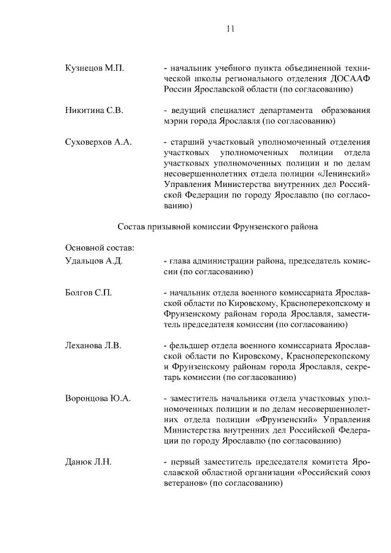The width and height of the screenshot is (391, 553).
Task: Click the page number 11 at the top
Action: (x=230, y=28)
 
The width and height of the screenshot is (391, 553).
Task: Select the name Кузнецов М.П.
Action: (x=94, y=68)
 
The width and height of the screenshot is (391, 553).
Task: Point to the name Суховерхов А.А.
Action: (x=98, y=142)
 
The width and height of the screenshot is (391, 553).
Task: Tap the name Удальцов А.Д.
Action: (x=94, y=261)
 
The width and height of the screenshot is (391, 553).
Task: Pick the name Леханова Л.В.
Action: (x=93, y=346)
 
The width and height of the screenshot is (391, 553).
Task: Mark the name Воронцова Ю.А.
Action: (x=98, y=399)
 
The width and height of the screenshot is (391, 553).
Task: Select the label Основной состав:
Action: (x=99, y=247)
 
